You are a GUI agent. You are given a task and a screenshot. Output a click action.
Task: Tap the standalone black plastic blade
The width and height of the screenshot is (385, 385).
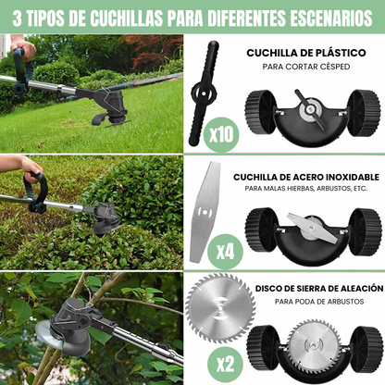click(x=205, y=93)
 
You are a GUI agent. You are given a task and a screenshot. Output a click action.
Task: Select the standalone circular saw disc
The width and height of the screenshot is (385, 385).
click(x=219, y=308)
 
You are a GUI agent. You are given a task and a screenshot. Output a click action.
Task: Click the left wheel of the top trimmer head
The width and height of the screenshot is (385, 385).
click(x=260, y=112)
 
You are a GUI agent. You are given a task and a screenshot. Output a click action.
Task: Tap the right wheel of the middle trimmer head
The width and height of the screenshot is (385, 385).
click(x=365, y=230)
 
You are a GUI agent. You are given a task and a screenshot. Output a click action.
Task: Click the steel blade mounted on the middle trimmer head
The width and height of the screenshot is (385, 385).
click(x=312, y=223)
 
